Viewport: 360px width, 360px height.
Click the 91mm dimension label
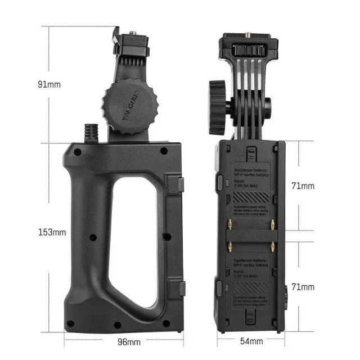coord(49,84)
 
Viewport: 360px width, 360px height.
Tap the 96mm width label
coord(129,341)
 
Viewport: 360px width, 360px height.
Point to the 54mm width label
coord(251,341)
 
